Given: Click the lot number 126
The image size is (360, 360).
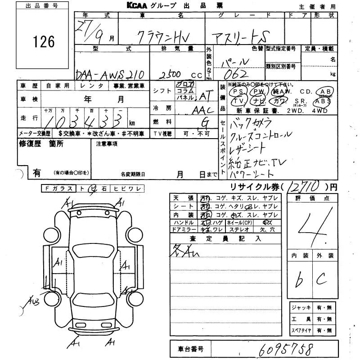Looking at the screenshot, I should pos(44,42).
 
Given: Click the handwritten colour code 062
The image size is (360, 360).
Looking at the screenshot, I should pos(234,73).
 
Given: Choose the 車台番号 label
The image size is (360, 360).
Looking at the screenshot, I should pos(191,349).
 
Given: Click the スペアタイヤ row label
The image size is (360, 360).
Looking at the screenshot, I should pos(301,330).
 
